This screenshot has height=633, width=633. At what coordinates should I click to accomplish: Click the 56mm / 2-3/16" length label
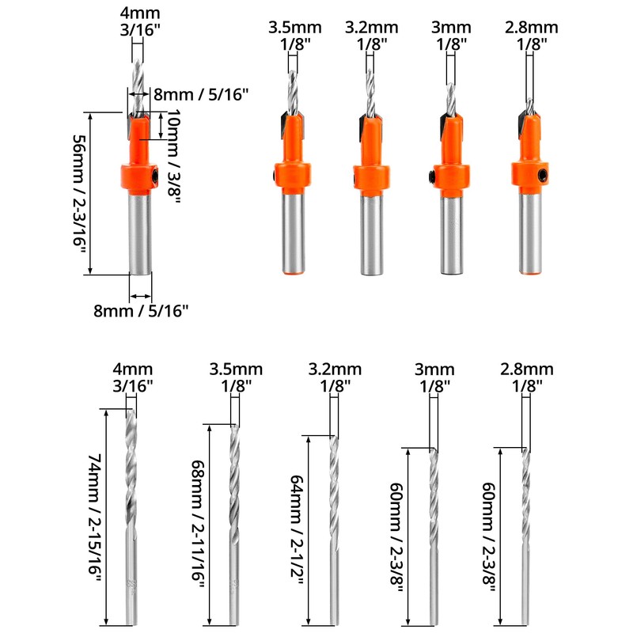coord(79,193)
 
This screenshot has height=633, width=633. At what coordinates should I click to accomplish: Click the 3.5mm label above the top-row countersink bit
coord(288,28)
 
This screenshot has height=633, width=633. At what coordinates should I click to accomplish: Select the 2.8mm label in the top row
coord(532,28)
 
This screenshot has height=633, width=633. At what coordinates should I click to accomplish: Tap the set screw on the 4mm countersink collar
coord(156,174)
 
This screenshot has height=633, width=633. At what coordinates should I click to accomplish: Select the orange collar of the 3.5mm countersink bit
coord(291,176)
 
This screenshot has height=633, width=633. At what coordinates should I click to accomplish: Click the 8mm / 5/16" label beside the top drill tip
coord(201,94)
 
